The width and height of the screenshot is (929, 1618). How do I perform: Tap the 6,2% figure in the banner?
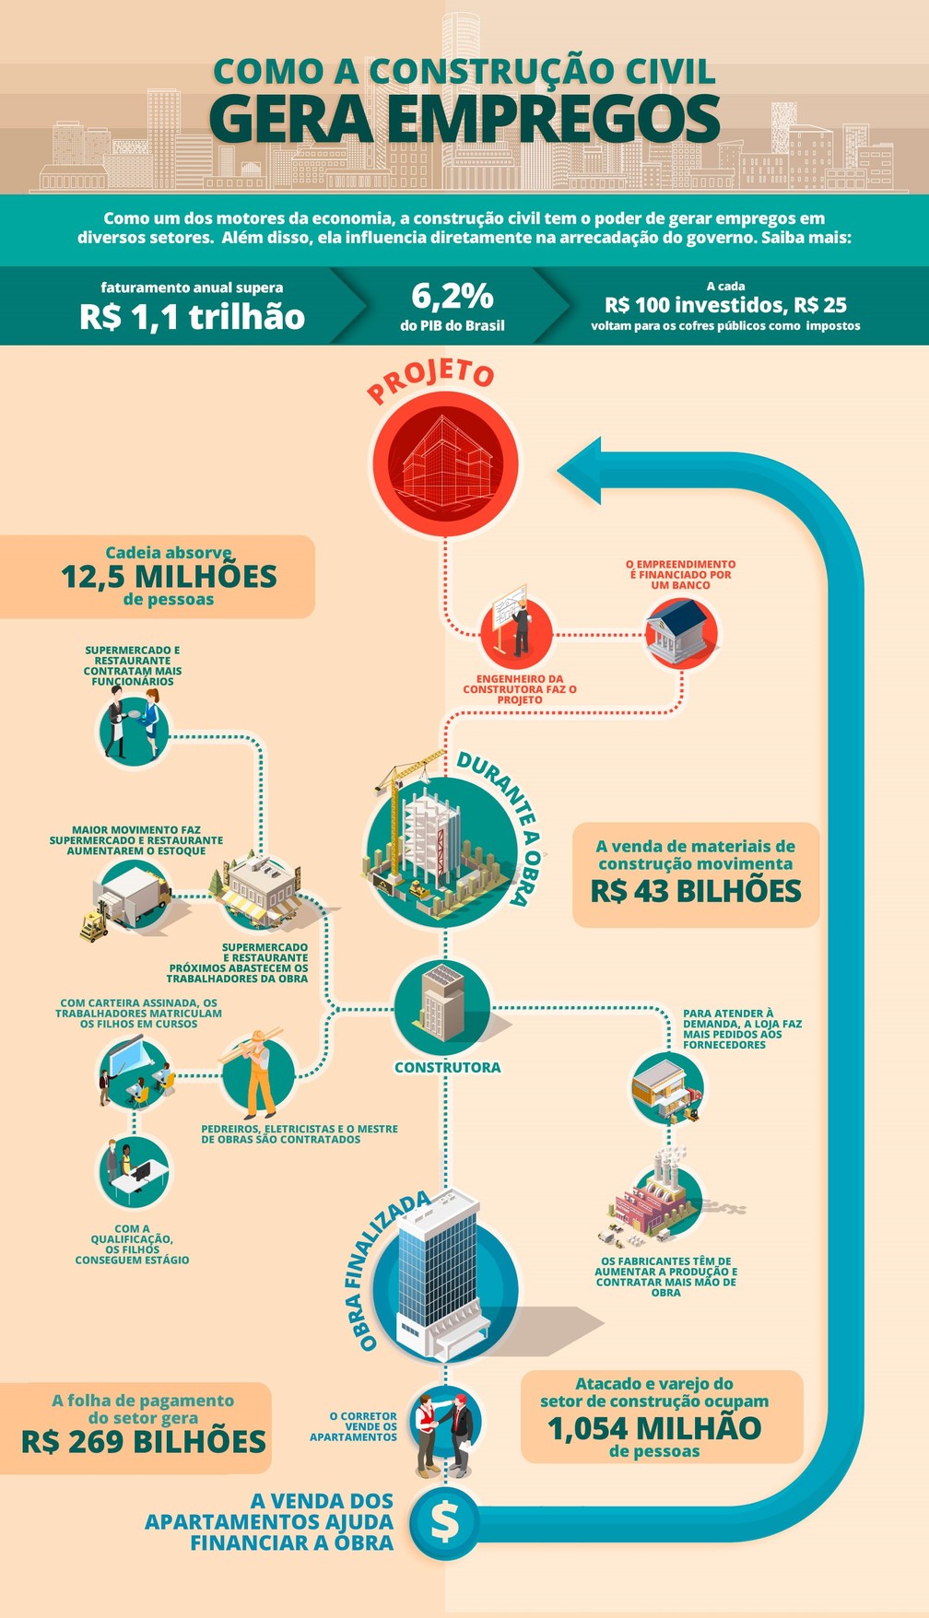(453, 297)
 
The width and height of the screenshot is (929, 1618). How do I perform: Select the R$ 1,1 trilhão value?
(192, 317)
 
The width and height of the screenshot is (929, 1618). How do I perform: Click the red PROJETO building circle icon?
(445, 463)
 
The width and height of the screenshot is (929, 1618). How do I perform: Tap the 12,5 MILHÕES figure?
(169, 577)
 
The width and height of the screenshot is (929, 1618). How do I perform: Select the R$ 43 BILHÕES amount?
(696, 891)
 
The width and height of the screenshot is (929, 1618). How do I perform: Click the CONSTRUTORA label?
(448, 1068)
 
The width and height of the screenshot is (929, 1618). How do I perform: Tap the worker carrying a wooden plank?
(257, 1073)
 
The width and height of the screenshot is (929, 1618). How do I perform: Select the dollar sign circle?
(445, 1522)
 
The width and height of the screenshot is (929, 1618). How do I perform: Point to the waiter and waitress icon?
(135, 727)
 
